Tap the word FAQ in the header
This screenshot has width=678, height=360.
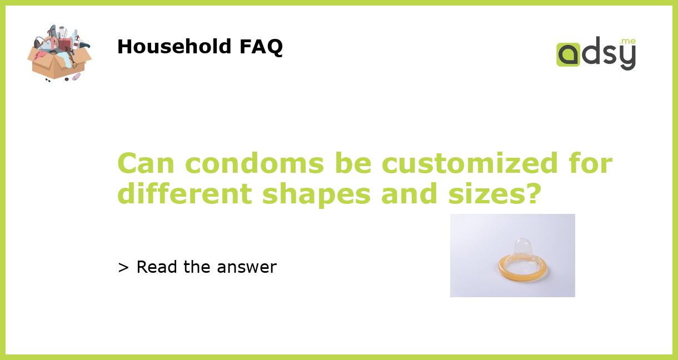261,47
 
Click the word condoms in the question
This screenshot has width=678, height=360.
255,163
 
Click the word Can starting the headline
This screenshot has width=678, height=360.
146,163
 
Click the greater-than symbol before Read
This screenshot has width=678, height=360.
123,268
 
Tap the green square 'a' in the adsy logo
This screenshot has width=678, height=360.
568,54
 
